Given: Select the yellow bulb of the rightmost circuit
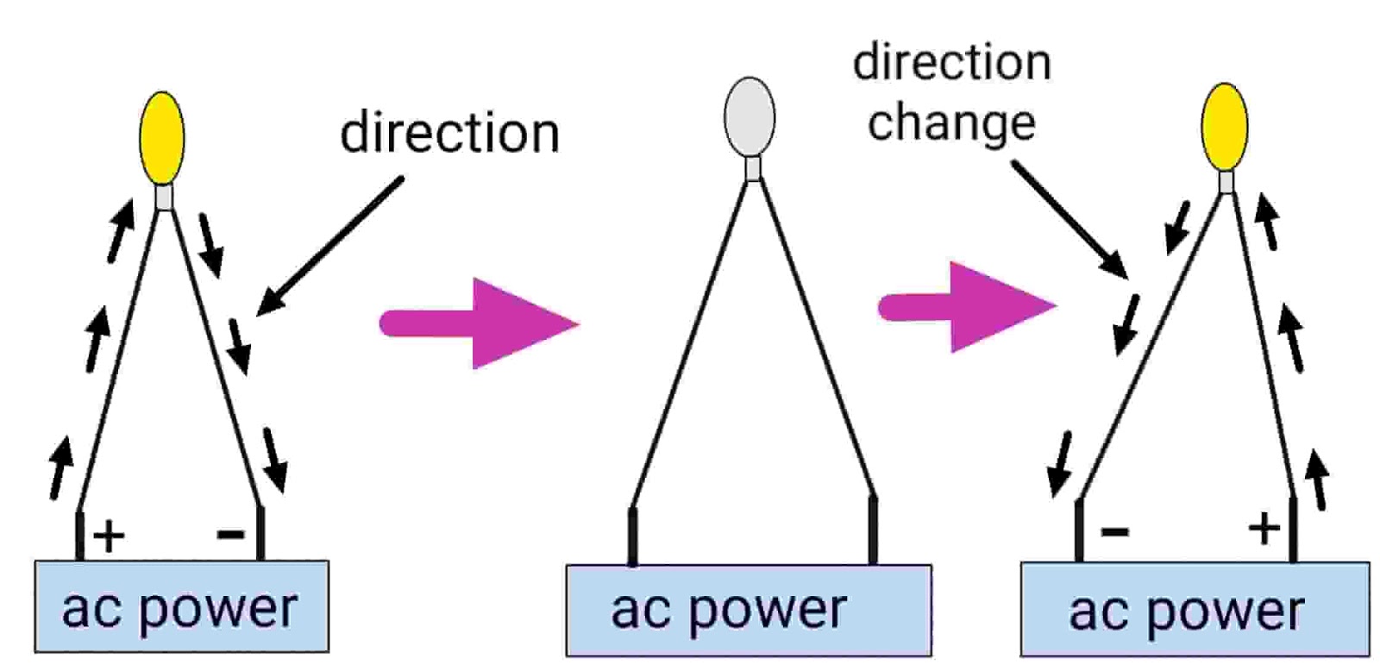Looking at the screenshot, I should pyautogui.click(x=1225, y=127).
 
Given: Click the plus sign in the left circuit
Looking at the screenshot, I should pyautogui.click(x=109, y=536).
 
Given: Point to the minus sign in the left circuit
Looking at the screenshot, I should pyautogui.click(x=231, y=535).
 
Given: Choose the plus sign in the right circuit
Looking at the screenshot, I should pyautogui.click(x=1264, y=527).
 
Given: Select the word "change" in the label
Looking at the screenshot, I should pyautogui.click(x=951, y=123).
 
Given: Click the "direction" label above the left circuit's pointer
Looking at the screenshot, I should pyautogui.click(x=449, y=133).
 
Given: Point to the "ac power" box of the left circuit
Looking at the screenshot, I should pyautogui.click(x=181, y=607).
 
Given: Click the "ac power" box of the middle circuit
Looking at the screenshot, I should pyautogui.click(x=748, y=610).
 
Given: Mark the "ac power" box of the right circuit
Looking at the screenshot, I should pyautogui.click(x=1195, y=610).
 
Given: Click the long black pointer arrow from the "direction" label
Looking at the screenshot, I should pyautogui.click(x=330, y=246).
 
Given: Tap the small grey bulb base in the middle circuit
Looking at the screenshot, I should pyautogui.click(x=753, y=167).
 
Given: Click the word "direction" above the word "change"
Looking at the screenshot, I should pyautogui.click(x=951, y=63).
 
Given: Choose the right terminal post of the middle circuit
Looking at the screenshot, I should pyautogui.click(x=873, y=530).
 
